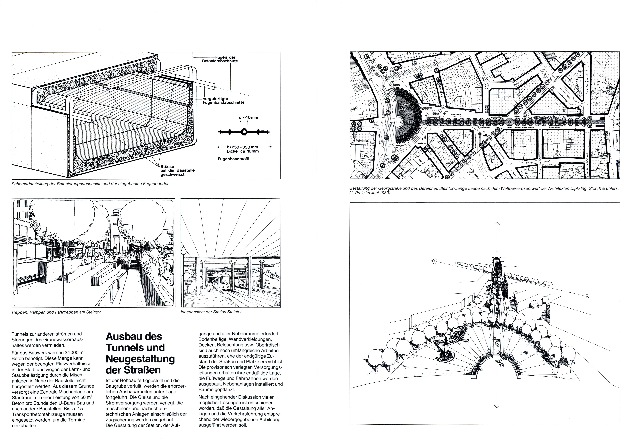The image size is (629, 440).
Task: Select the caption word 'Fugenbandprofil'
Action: (x=233, y=159)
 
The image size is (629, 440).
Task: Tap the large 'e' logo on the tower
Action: (x=114, y=212)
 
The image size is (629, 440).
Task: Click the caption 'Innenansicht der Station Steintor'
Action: (x=211, y=312)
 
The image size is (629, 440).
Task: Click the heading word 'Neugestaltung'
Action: (x=140, y=359)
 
